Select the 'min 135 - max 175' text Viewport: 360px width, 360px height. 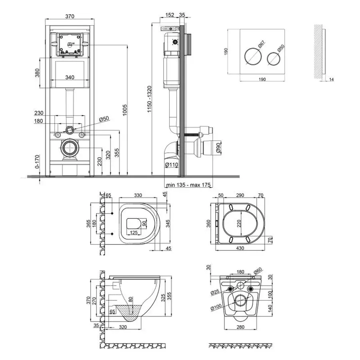[x=188, y=185]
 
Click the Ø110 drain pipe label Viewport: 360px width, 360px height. [x=171, y=164]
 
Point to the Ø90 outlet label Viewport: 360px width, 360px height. [x=218, y=148]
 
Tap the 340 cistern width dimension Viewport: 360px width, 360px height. [x=70, y=78]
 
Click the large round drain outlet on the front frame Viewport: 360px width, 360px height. [x=70, y=149]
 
